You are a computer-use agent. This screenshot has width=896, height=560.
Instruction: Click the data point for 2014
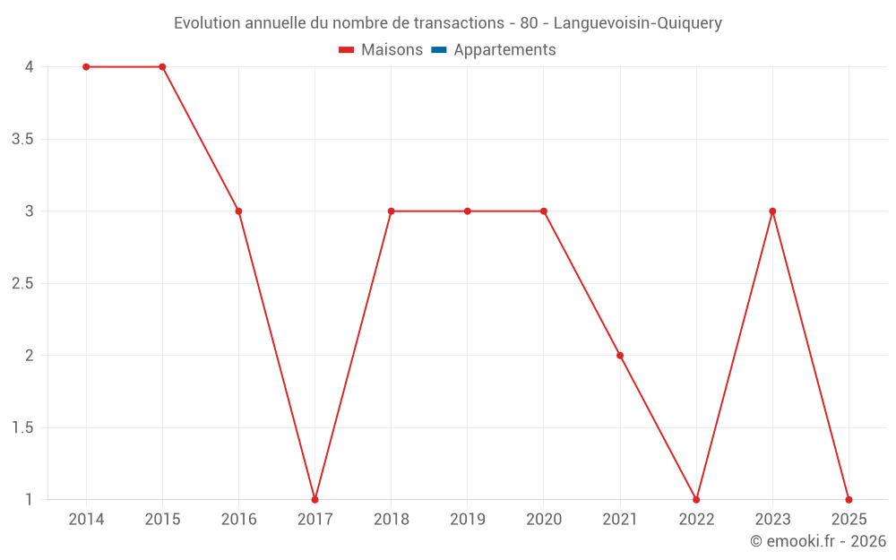[x=86, y=67]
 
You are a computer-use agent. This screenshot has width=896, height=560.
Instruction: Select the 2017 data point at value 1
[x=314, y=499]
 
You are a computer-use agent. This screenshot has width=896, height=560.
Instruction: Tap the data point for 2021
[x=620, y=356]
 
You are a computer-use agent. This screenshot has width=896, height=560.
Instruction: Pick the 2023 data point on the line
[x=772, y=211]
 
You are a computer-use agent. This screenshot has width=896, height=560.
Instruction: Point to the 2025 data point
[x=849, y=499]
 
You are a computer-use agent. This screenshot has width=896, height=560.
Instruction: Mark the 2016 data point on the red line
[x=238, y=211]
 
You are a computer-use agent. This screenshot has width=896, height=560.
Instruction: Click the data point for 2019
[x=468, y=211]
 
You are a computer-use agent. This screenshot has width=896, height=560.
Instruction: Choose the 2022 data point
[x=696, y=499]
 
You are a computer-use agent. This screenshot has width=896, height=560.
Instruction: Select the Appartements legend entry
[x=504, y=50]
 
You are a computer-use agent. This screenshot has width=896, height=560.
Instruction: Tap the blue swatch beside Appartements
[x=439, y=50]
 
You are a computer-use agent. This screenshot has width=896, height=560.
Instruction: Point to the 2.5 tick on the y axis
[x=23, y=284]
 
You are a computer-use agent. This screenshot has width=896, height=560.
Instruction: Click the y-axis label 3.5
[x=23, y=140]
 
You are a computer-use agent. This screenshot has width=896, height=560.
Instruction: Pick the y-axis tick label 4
[x=30, y=67]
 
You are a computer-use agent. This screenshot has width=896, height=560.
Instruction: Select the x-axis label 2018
[x=392, y=520]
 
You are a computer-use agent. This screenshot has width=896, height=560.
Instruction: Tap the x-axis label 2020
[x=544, y=520]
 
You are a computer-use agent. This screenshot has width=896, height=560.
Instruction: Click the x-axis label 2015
[x=162, y=520]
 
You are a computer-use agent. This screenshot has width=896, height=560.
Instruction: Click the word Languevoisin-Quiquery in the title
[x=638, y=23]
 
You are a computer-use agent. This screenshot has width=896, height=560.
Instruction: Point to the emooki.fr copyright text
[x=817, y=541]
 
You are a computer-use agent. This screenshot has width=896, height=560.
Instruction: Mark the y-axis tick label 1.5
[x=23, y=427]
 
